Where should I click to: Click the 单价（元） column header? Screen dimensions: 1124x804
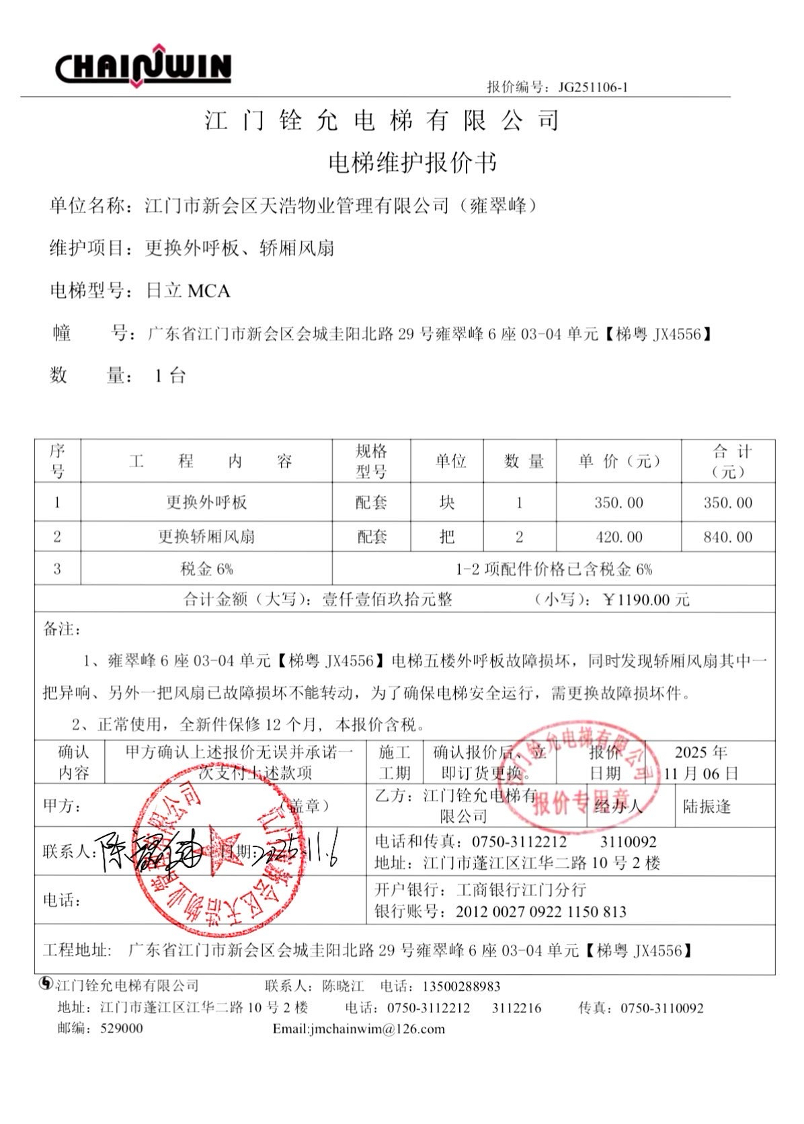(x=618, y=461)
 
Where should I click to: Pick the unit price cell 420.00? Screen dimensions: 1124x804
(x=618, y=537)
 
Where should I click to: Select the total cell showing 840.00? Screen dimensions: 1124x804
(x=727, y=537)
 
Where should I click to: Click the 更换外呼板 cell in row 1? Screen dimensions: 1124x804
(x=206, y=502)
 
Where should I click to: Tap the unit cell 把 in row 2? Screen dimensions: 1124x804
(x=447, y=537)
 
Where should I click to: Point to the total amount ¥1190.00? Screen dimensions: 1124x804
(x=646, y=600)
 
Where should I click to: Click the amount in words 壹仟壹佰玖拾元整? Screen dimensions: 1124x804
(x=387, y=600)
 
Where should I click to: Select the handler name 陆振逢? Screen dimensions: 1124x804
(x=707, y=806)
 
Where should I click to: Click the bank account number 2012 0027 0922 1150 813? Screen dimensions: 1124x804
(x=540, y=912)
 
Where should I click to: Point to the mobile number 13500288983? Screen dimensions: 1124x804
(x=461, y=986)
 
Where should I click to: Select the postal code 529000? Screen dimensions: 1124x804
(x=122, y=1028)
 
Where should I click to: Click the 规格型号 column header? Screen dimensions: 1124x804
(x=371, y=461)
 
